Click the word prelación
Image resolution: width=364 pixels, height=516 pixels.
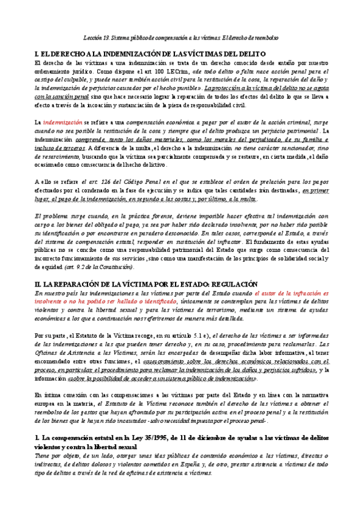point(279,181)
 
